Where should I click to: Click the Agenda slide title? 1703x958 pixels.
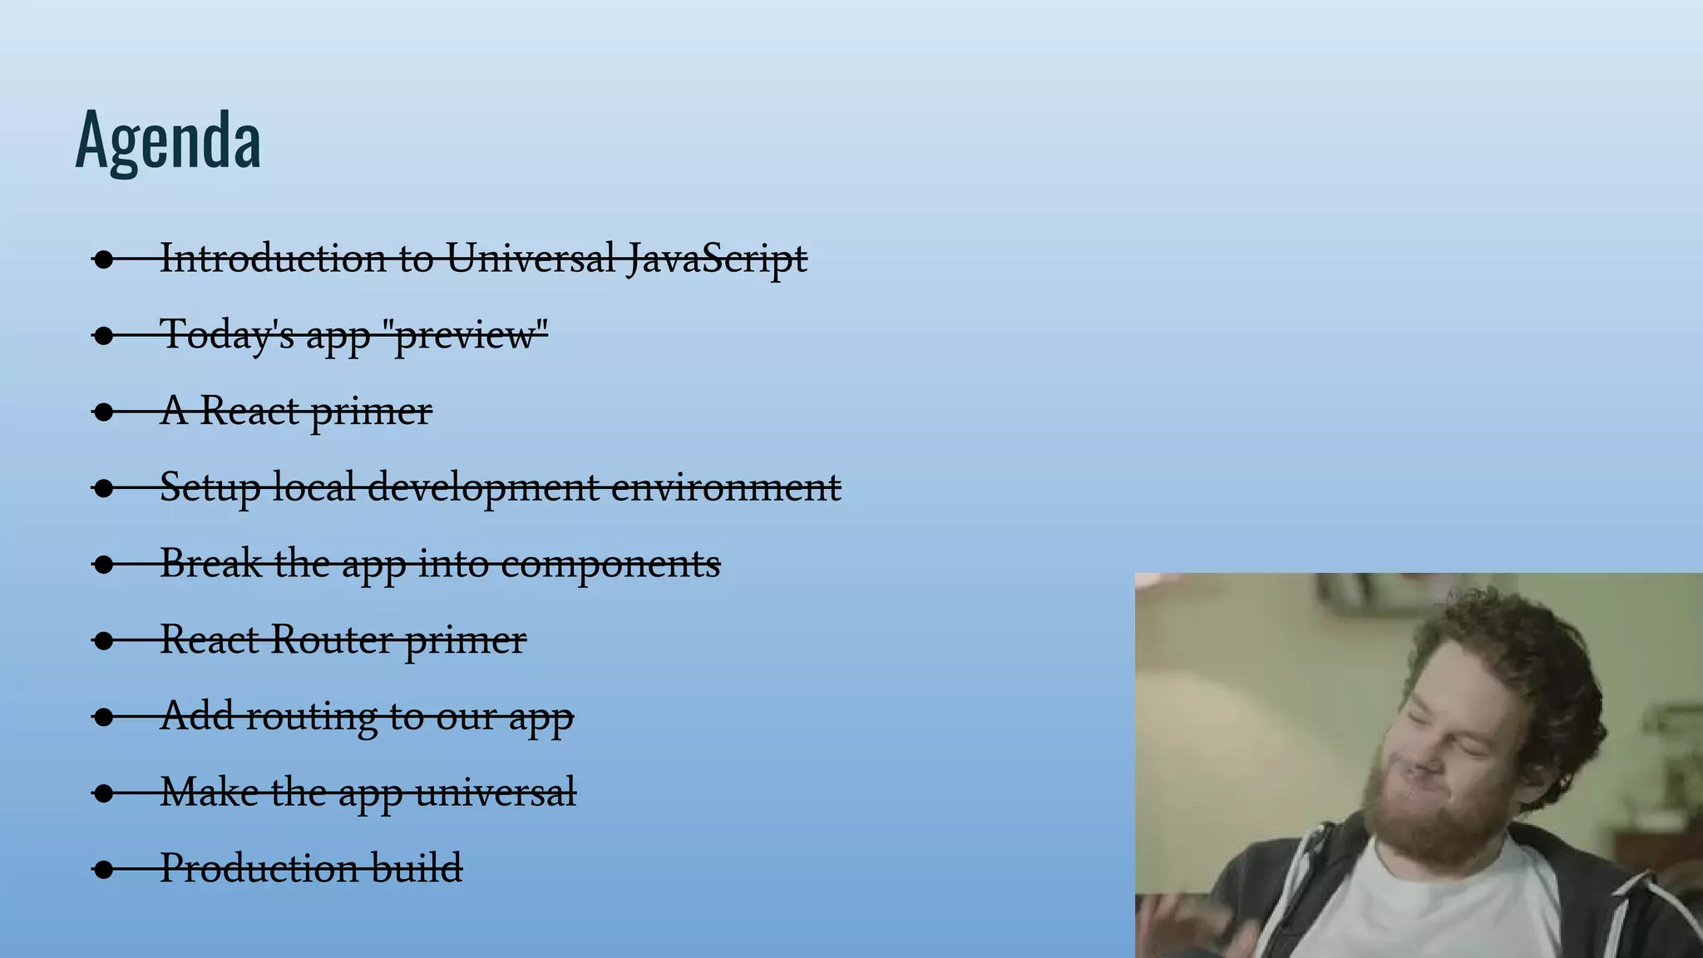point(168,140)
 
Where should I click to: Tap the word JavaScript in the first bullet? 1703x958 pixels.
point(717,258)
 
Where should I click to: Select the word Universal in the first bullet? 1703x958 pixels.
point(531,258)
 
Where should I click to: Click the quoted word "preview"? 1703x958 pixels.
point(471,334)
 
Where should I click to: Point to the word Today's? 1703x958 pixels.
point(227,334)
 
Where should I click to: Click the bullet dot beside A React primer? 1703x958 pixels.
point(103,412)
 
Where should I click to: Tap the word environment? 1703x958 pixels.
point(726,487)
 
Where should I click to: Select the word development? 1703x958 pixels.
point(482,487)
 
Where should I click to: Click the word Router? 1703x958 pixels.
point(332,639)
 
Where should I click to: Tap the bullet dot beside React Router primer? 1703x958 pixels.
point(103,640)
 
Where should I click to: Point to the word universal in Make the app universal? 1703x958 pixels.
point(496,792)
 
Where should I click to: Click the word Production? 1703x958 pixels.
point(259,868)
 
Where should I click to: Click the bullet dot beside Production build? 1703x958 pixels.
point(103,870)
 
